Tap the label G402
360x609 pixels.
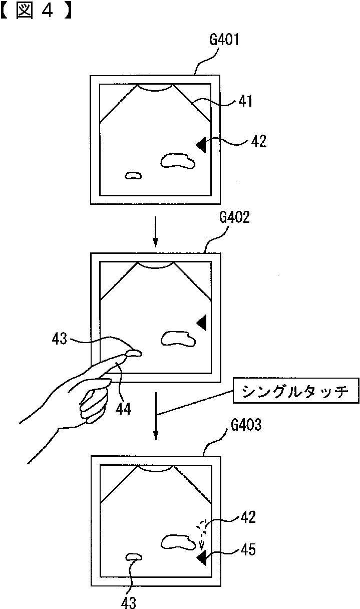tap(234, 219)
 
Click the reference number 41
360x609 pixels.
tap(245, 102)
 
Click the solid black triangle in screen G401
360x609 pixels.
tap(202, 145)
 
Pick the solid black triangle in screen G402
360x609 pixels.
tap(202, 323)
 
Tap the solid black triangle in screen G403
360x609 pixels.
tap(203, 557)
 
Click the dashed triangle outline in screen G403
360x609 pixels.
tap(201, 526)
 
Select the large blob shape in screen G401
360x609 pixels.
tap(177, 161)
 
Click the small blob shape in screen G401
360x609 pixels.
tap(133, 175)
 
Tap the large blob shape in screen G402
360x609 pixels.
tap(177, 339)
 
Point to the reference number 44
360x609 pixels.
tap(123, 409)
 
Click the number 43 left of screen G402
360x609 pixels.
tap(59, 339)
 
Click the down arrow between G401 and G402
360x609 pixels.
tap(155, 231)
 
